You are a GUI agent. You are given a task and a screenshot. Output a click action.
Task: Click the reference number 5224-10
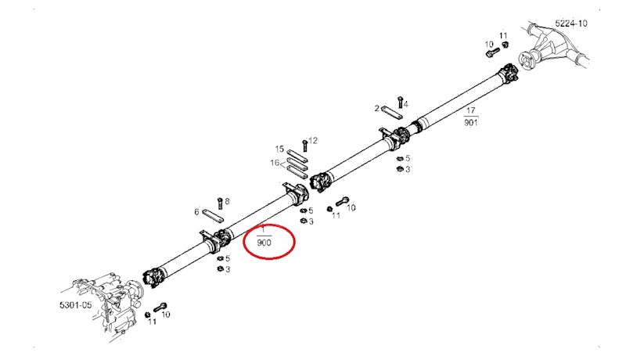click(571, 23)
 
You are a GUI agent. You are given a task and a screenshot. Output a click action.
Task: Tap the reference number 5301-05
click(75, 305)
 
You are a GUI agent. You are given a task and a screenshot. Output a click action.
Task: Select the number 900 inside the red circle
click(264, 243)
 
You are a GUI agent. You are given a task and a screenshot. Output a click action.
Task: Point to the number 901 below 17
click(471, 123)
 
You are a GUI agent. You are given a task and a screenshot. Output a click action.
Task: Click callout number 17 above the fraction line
click(471, 110)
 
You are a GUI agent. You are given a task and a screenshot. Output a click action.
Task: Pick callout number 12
click(313, 141)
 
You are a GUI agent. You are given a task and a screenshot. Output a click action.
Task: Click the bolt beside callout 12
click(305, 145)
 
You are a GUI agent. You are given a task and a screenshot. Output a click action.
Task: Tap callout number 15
click(279, 149)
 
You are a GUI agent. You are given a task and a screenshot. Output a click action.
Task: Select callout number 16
click(275, 163)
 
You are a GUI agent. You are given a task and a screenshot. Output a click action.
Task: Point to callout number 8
click(227, 202)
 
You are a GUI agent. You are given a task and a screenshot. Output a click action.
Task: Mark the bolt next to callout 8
click(219, 203)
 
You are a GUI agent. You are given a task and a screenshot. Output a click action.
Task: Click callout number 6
click(196, 212)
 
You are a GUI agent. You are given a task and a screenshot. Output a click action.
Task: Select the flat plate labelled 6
click(213, 215)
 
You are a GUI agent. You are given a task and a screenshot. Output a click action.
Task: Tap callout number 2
click(376, 108)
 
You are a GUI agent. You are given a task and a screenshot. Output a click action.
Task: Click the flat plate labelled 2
click(392, 112)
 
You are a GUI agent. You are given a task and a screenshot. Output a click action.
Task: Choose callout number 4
click(406, 105)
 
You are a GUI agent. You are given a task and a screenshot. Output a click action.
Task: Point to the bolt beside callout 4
click(401, 103)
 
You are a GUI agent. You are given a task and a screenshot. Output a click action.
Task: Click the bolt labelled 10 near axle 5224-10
click(492, 52)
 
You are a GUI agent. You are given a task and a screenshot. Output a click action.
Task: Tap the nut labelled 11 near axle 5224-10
click(504, 44)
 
